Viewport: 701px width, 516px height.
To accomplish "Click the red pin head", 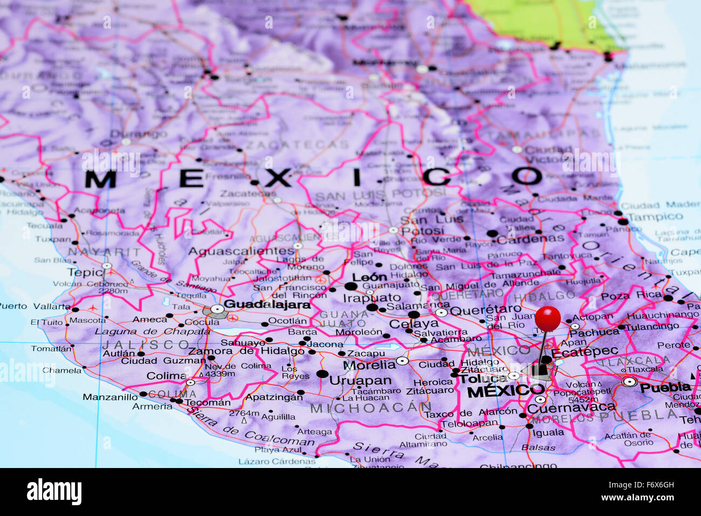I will [x=548, y=318].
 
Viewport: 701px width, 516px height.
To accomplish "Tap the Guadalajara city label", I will [x=267, y=304].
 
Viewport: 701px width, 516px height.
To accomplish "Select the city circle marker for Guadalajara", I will [x=217, y=309].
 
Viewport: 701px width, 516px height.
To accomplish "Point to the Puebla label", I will [x=665, y=387].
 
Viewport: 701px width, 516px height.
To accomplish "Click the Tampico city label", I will [x=655, y=217].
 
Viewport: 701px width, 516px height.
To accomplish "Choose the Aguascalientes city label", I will [x=241, y=251].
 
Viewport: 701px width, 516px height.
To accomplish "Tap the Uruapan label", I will [x=360, y=381].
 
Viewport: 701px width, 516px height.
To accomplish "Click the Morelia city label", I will [x=369, y=364].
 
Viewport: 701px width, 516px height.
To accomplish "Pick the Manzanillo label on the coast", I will [x=110, y=397].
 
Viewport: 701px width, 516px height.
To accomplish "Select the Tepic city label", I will [x=85, y=272].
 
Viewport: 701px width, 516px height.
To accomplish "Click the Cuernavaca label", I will [x=571, y=408].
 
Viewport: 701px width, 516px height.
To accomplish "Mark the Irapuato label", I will [x=372, y=297].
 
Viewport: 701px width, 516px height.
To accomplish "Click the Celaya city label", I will [x=414, y=324].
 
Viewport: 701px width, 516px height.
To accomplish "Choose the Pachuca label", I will [x=594, y=333].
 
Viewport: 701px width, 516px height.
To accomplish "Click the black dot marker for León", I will [x=351, y=286].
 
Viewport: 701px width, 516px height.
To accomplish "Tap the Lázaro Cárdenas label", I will [x=277, y=461].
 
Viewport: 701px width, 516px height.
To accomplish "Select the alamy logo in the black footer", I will [x=54, y=492].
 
